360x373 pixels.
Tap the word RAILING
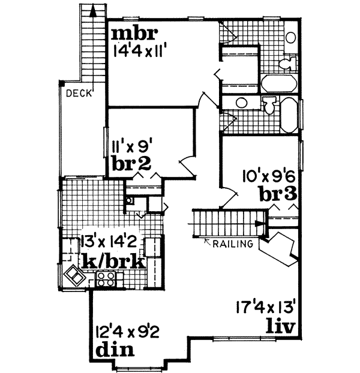[232, 243]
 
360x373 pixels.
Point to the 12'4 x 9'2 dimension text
[127, 331]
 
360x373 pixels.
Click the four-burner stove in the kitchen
[105, 278]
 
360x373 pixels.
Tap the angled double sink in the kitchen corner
[75, 276]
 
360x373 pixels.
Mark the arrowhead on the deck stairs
[92, 9]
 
